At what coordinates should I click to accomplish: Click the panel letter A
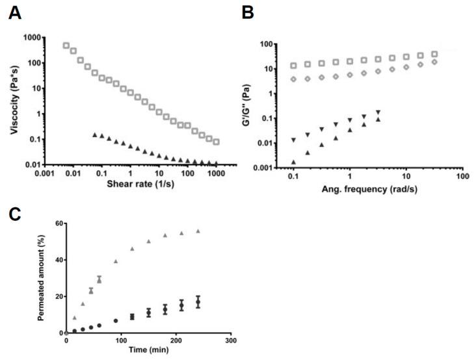(14, 13)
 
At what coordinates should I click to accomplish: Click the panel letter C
(14, 215)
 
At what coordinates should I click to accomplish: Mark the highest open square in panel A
(66, 45)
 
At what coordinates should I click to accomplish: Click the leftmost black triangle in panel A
(95, 135)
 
